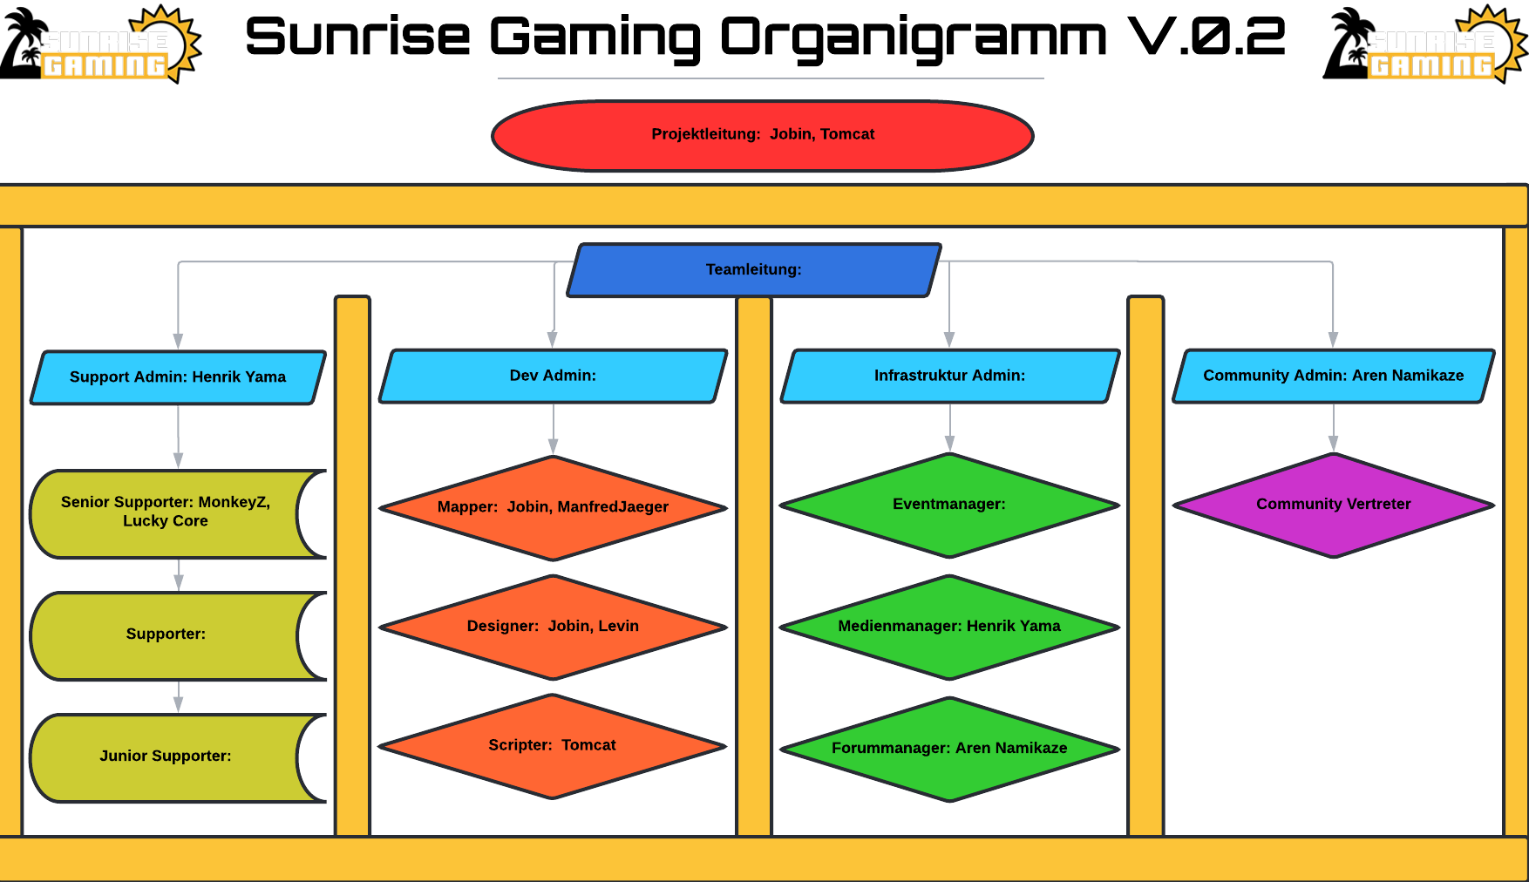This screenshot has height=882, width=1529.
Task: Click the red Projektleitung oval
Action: click(610, 136)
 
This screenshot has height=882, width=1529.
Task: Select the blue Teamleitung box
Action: click(754, 270)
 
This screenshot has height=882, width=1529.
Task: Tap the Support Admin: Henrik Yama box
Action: click(178, 377)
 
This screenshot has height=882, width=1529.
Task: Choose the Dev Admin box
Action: click(553, 376)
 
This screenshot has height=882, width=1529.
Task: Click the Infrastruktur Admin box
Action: click(949, 376)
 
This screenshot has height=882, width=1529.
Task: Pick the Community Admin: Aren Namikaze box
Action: click(1333, 376)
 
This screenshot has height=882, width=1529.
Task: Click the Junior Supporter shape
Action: click(166, 756)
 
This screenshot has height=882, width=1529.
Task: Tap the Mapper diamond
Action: click(553, 507)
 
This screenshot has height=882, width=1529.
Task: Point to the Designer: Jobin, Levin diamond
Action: click(553, 627)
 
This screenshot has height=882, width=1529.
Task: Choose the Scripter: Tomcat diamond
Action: click(553, 746)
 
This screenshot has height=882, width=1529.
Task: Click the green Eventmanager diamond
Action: click(949, 505)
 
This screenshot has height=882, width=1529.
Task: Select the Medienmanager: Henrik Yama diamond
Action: click(949, 627)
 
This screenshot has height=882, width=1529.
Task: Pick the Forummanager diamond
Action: click(949, 749)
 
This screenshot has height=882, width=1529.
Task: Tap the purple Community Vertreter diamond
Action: click(1333, 505)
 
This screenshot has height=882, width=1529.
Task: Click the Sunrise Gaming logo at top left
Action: click(118, 46)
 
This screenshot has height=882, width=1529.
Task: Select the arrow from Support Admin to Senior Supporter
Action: click(178, 436)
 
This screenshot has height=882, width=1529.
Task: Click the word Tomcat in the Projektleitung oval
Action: click(847, 134)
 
